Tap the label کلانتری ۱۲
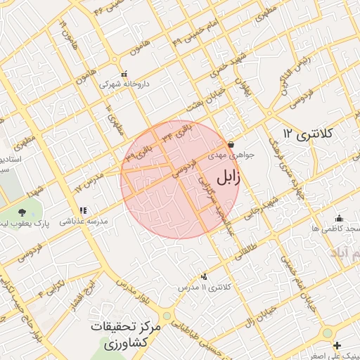308,133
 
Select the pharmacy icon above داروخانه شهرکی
124,74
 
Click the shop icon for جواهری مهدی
231,143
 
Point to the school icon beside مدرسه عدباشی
84,210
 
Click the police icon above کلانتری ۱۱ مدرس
205,276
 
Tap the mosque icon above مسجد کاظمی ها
339,218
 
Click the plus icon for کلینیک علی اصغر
337,346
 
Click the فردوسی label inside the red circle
184,167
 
